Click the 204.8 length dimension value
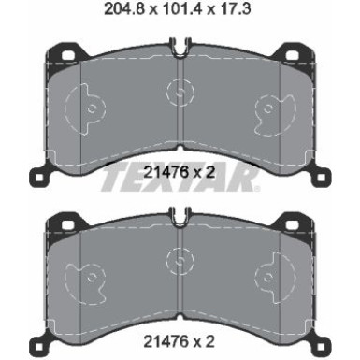tap(124, 9)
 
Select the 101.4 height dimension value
tap(179, 9)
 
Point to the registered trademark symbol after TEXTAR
tap(257, 188)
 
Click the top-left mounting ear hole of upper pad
tap(67, 55)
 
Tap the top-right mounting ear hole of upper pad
tap(292, 55)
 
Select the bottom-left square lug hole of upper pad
tap(39, 178)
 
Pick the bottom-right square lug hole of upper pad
tap(321, 178)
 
